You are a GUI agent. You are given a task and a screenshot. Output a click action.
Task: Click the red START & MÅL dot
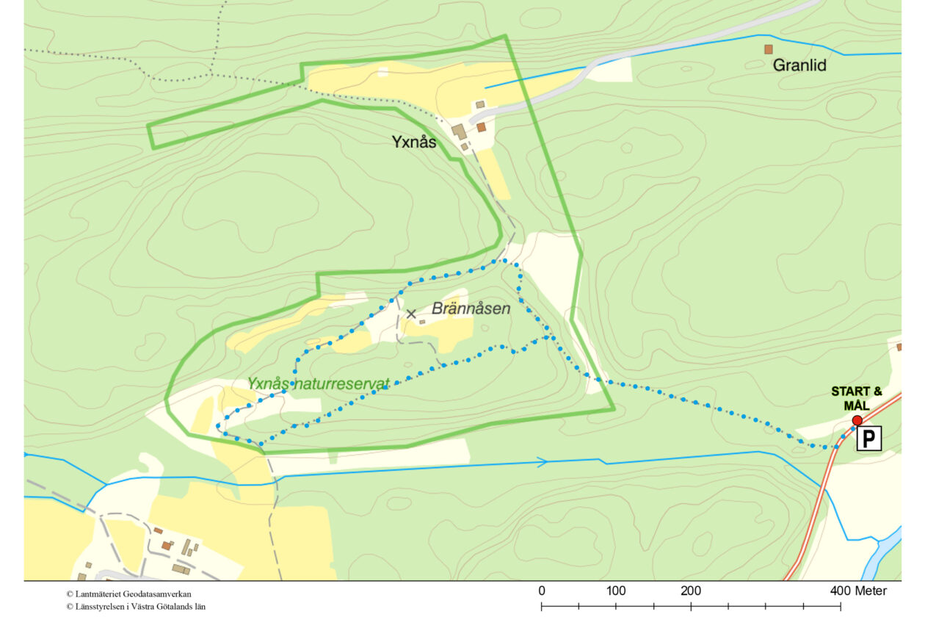tap(857, 420)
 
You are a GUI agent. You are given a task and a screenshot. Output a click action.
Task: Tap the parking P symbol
tap(868, 439)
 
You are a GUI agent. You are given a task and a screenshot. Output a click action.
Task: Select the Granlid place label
tap(799, 65)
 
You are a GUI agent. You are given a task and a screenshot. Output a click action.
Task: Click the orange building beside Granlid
tap(769, 49)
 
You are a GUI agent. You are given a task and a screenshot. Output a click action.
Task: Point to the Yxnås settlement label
tap(413, 142)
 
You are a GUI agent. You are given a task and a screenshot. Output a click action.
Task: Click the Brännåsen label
tap(471, 308)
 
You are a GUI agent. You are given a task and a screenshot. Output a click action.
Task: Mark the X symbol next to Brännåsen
tap(411, 314)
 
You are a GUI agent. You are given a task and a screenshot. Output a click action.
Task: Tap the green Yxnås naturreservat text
tap(317, 383)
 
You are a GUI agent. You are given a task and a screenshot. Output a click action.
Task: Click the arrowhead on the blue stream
tap(543, 462)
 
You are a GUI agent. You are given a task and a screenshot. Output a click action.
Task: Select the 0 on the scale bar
tap(542, 591)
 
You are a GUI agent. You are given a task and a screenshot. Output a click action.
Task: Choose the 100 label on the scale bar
tap(616, 591)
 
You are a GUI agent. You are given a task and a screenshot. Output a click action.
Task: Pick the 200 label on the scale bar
tap(691, 591)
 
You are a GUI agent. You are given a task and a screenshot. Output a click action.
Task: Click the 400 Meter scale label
tap(859, 591)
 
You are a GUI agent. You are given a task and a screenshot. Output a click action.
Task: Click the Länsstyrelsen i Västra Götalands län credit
tap(136, 607)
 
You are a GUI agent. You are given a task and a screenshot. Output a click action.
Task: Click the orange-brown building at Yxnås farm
tap(481, 127)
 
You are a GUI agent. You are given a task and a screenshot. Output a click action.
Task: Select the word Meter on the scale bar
tap(871, 591)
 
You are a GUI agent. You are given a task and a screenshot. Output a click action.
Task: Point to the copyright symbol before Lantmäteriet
tap(69, 593)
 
